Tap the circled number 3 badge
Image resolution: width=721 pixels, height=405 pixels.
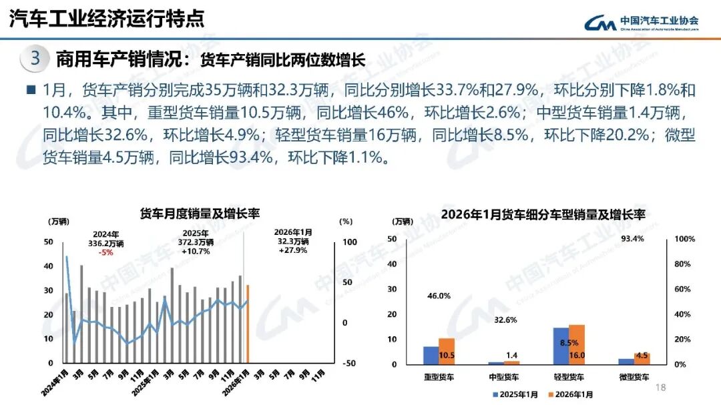(x=35, y=59)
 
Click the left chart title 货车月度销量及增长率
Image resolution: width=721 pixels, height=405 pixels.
(x=200, y=214)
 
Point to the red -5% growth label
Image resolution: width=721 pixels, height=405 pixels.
(x=105, y=252)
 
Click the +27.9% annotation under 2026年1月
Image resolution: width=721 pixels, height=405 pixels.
(x=294, y=250)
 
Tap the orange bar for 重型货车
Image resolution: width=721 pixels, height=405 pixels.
(x=447, y=351)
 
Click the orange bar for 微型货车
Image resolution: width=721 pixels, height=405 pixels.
(x=642, y=358)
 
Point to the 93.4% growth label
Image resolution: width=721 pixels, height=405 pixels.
(x=633, y=238)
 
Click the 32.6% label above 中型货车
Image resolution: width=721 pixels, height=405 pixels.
(x=505, y=320)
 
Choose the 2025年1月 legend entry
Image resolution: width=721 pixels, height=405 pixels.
(x=515, y=394)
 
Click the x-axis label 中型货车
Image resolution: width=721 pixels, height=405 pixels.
(x=504, y=378)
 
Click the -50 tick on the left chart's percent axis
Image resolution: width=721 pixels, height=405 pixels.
(x=348, y=363)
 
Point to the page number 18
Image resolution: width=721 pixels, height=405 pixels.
(x=662, y=388)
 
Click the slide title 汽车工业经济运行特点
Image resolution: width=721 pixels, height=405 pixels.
(x=107, y=19)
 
